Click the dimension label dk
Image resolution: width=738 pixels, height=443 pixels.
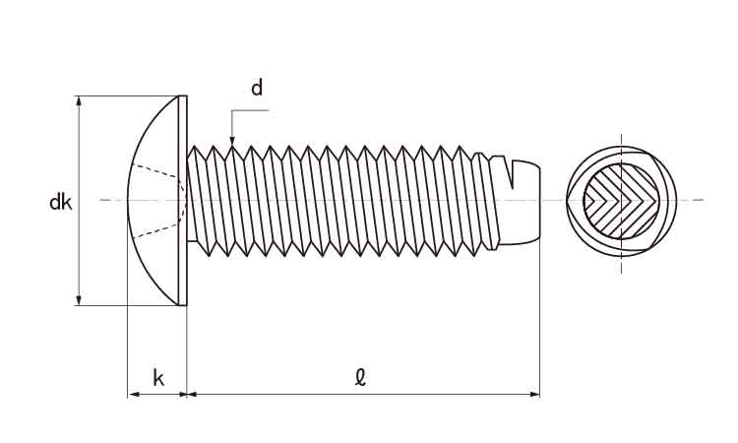(x=61, y=204)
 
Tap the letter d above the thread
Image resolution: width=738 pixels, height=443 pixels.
(x=257, y=89)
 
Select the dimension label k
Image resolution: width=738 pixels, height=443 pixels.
(x=157, y=377)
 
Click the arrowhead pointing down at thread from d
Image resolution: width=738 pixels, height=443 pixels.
(x=231, y=144)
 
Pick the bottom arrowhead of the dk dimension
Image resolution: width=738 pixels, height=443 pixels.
(x=79, y=299)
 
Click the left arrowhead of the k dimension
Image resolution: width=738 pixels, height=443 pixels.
(x=134, y=394)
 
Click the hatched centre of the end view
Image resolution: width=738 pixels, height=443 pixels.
(x=619, y=201)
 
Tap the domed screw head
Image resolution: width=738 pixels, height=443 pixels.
(x=153, y=202)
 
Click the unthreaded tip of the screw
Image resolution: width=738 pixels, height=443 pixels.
(x=526, y=200)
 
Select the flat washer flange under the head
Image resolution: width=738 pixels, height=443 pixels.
(x=182, y=201)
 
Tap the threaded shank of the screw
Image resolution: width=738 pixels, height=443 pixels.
(x=335, y=200)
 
